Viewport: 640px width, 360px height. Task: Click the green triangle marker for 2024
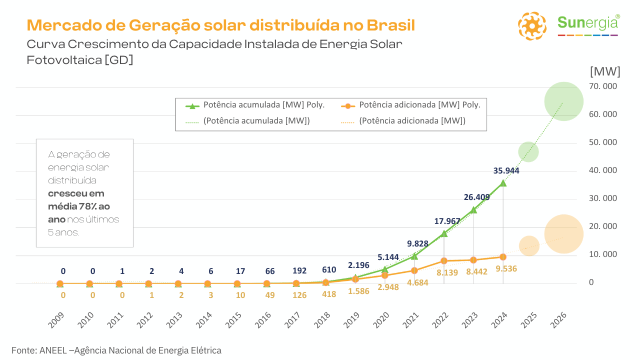click(503, 183)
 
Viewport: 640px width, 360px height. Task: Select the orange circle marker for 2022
click(444, 261)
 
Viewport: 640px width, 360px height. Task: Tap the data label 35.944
click(506, 170)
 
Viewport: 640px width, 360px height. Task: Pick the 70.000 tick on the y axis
click(603, 86)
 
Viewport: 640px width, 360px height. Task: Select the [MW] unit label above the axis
click(605, 71)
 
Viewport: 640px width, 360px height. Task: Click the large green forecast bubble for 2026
click(563, 101)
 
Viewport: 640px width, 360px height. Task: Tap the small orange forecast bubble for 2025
click(528, 245)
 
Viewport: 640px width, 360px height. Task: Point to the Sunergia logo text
click(588, 23)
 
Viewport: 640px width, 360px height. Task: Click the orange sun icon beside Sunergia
click(532, 25)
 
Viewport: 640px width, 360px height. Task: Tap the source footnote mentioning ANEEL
click(116, 350)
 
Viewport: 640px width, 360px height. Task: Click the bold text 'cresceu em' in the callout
click(76, 193)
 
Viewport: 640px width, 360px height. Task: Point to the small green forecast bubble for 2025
click(528, 151)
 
